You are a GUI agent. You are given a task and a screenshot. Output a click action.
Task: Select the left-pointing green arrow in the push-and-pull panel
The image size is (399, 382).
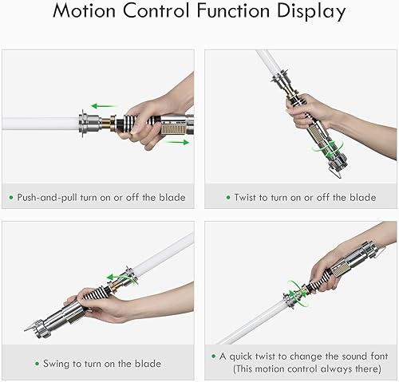99,105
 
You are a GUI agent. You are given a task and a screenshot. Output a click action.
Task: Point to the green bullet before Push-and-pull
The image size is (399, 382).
13,197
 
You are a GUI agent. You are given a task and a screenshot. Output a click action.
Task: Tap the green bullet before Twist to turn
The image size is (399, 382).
227,197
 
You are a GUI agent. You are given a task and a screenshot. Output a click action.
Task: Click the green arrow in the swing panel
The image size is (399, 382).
120,277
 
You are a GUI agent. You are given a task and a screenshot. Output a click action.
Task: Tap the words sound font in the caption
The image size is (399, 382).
358,356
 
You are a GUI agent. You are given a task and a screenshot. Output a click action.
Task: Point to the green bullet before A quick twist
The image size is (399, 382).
215,356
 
